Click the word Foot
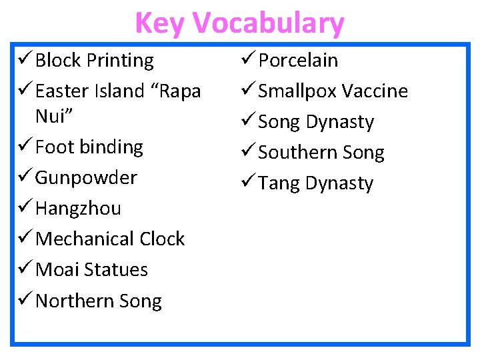pyautogui.click(x=56, y=147)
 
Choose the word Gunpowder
pyautogui.click(x=86, y=178)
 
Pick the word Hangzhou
pyautogui.click(x=78, y=209)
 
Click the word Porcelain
pyautogui.click(x=298, y=61)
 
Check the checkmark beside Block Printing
pyautogui.click(x=23, y=61)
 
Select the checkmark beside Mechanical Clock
pyautogui.click(x=23, y=239)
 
